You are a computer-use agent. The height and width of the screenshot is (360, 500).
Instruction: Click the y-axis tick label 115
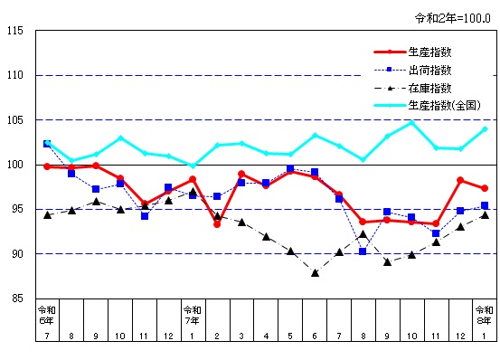click(x=15, y=31)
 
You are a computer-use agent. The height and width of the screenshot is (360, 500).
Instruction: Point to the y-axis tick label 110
click(x=15, y=75)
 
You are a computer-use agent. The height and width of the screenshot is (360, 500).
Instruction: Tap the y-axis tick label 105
click(x=15, y=120)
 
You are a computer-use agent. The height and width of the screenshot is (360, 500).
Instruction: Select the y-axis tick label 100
click(x=15, y=165)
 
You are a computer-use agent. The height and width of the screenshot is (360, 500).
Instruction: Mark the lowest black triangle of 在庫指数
click(x=315, y=272)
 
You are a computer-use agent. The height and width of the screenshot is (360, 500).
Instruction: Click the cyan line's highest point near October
click(x=412, y=122)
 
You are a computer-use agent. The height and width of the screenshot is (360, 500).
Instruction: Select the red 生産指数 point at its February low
click(x=217, y=223)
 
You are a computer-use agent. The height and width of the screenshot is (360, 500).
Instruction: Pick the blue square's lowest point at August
click(x=363, y=251)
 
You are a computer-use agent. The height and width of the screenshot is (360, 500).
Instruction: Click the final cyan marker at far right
click(x=485, y=128)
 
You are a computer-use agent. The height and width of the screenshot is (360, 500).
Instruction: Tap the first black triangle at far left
click(x=47, y=214)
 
